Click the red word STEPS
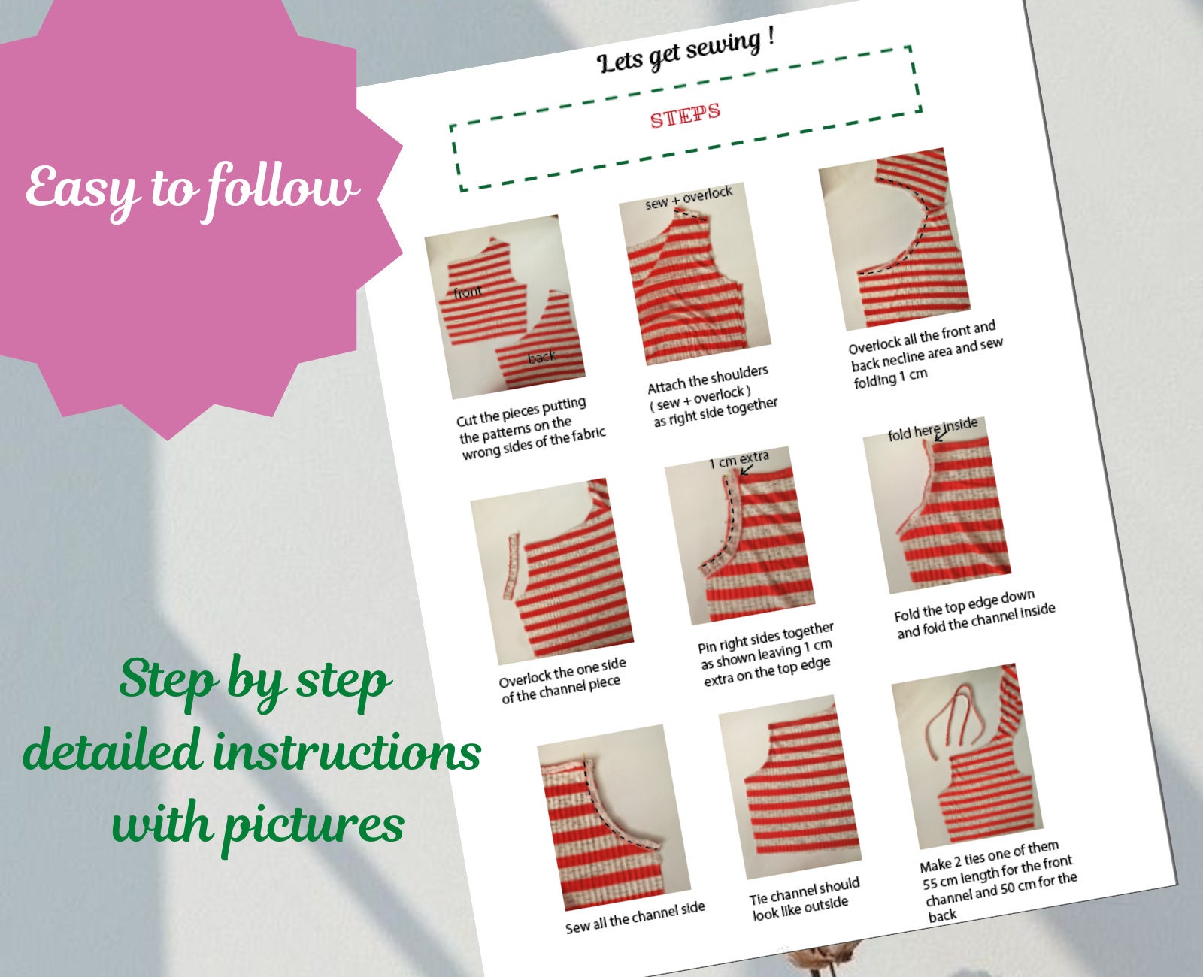coord(685,115)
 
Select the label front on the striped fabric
coord(468,292)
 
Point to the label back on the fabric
coord(542,357)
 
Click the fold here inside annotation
coord(932,429)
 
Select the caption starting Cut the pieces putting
coord(531,428)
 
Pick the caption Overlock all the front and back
coord(926,354)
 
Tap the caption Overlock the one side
coord(562,680)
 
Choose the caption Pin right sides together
coord(766,654)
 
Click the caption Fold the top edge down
coord(974,613)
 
